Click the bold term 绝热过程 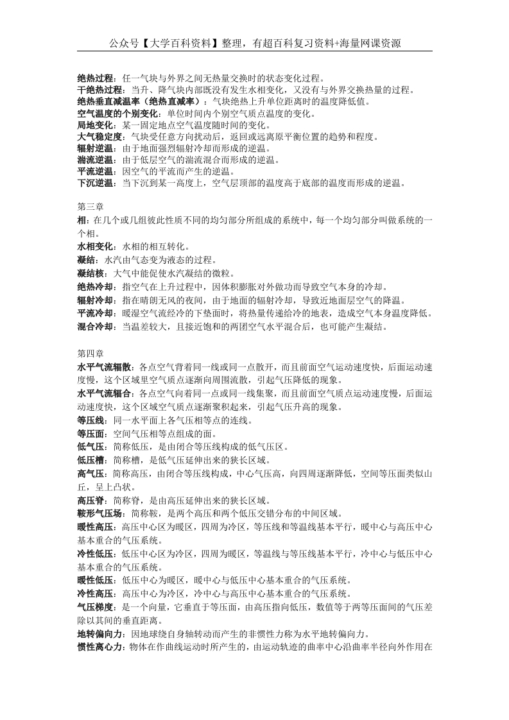click(x=94, y=78)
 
